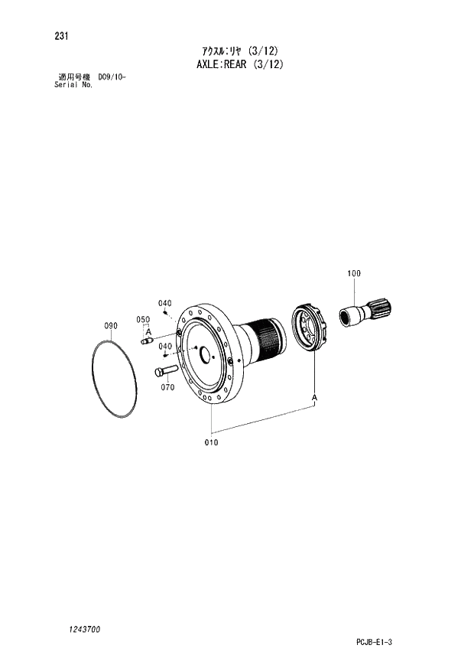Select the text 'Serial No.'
[x=73, y=85]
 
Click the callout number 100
[x=354, y=273]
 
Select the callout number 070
[x=167, y=387]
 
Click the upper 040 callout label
[x=164, y=303]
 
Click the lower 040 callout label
[x=164, y=346]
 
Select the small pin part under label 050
[x=148, y=342]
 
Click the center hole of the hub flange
[x=204, y=354]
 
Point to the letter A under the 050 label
[x=150, y=331]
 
